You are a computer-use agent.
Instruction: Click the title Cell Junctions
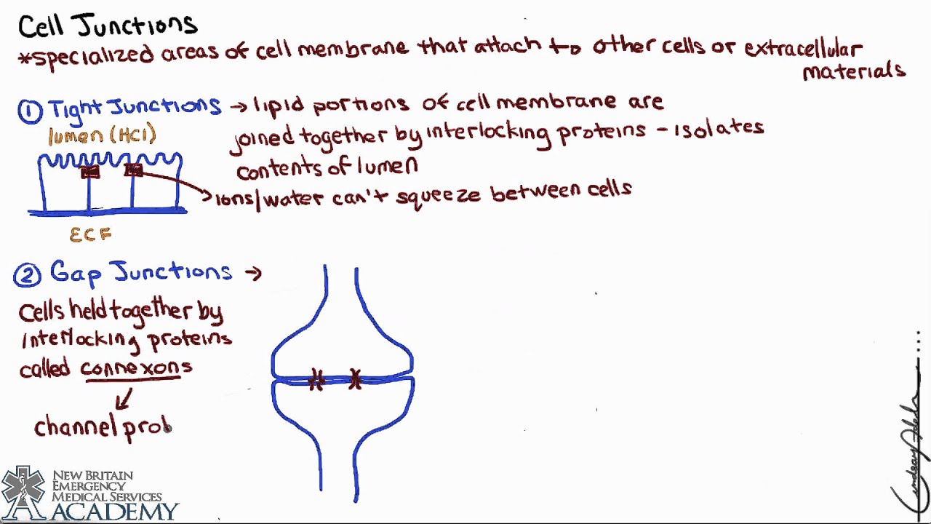pyautogui.click(x=108, y=25)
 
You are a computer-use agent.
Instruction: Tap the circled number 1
pyautogui.click(x=30, y=111)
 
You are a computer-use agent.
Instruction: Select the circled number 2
pyautogui.click(x=27, y=276)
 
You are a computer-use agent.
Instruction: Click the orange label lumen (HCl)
pyautogui.click(x=102, y=135)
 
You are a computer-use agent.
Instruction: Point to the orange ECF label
pyautogui.click(x=90, y=235)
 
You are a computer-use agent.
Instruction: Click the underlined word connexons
pyautogui.click(x=136, y=368)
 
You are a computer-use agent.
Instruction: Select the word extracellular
pyautogui.click(x=802, y=49)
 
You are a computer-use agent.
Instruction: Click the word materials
pyautogui.click(x=853, y=71)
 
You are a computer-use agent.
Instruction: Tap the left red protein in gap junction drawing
pyautogui.click(x=316, y=380)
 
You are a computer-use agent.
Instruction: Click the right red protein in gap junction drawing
pyautogui.click(x=355, y=379)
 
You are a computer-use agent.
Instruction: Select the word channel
pyautogui.click(x=76, y=426)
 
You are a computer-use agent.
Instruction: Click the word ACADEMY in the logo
pyautogui.click(x=114, y=511)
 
